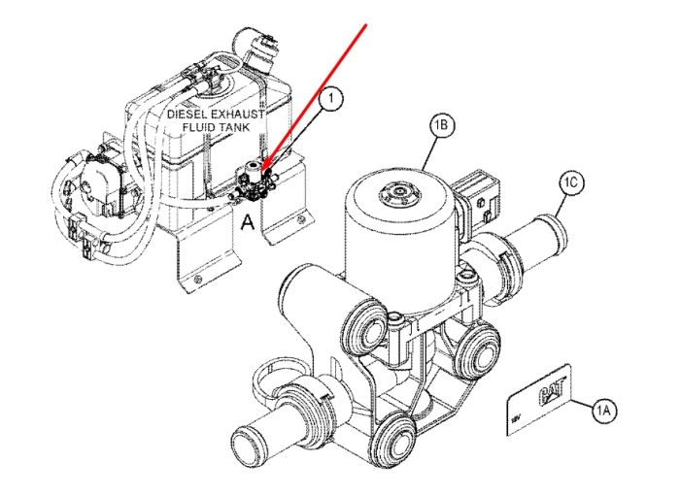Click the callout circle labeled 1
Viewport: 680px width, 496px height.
331,99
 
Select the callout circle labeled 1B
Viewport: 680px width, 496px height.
441,125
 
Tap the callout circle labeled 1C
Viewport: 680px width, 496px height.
571,183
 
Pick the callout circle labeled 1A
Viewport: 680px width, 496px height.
603,410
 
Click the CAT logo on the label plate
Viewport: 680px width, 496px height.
552,390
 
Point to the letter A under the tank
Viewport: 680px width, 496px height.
248,222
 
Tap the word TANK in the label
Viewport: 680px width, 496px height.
234,127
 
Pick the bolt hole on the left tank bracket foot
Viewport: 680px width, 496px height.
197,279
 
